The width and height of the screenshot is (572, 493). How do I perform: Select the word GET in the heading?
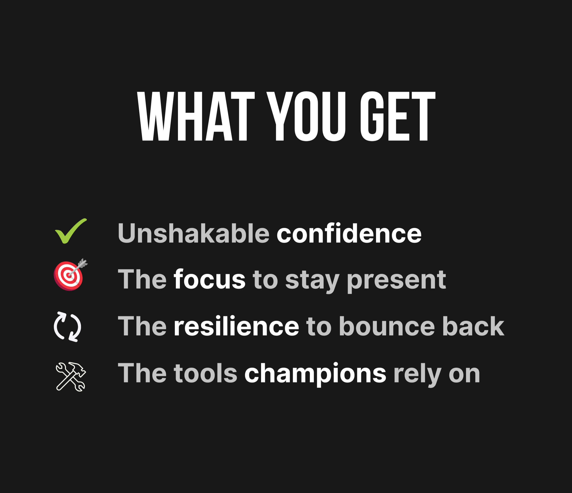pyautogui.click(x=398, y=116)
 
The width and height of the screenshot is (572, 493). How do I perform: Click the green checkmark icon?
pyautogui.click(x=71, y=231)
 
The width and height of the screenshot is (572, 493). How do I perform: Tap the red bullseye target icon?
pyautogui.click(x=68, y=275)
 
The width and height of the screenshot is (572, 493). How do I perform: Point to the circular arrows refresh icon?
pyautogui.click(x=68, y=327)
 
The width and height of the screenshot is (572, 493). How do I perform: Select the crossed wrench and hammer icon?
pyautogui.click(x=71, y=376)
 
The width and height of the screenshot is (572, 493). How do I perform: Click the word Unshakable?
pyautogui.click(x=193, y=233)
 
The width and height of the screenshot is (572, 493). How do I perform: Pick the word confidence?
pyautogui.click(x=349, y=233)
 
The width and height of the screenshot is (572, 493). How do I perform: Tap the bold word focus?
pyautogui.click(x=209, y=279)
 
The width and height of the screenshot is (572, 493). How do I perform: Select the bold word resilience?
pyautogui.click(x=236, y=326)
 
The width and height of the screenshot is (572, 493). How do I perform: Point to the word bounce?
pyautogui.click(x=387, y=326)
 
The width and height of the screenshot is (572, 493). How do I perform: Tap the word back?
pyautogui.click(x=473, y=326)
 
